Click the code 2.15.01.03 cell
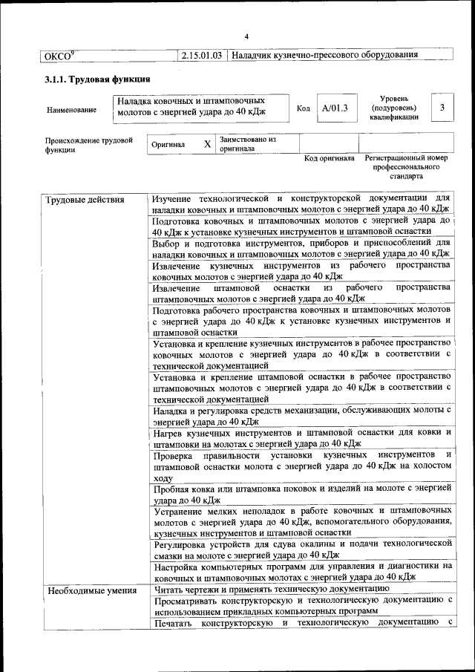pos(201,55)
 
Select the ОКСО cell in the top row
pos(59,55)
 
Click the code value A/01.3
pos(335,108)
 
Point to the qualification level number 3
pos(442,108)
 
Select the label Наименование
pos(71,110)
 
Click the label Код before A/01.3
pos(303,109)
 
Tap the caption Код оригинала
pos(330,158)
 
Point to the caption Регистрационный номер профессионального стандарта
pos(406,168)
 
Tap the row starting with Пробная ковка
pos(301,494)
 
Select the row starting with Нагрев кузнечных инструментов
pos(301,437)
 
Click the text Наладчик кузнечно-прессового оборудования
pos(324,55)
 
